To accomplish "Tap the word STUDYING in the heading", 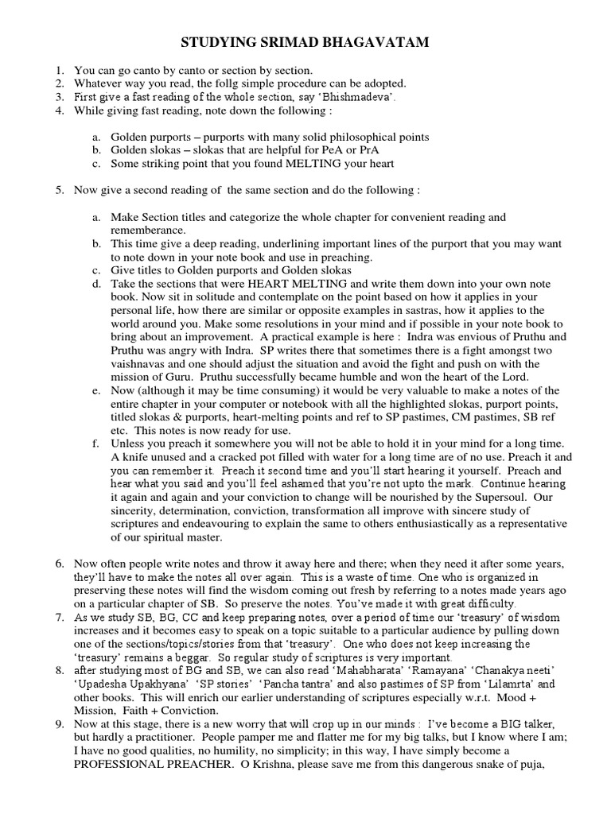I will click(218, 42).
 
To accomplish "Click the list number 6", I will click(60, 564).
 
